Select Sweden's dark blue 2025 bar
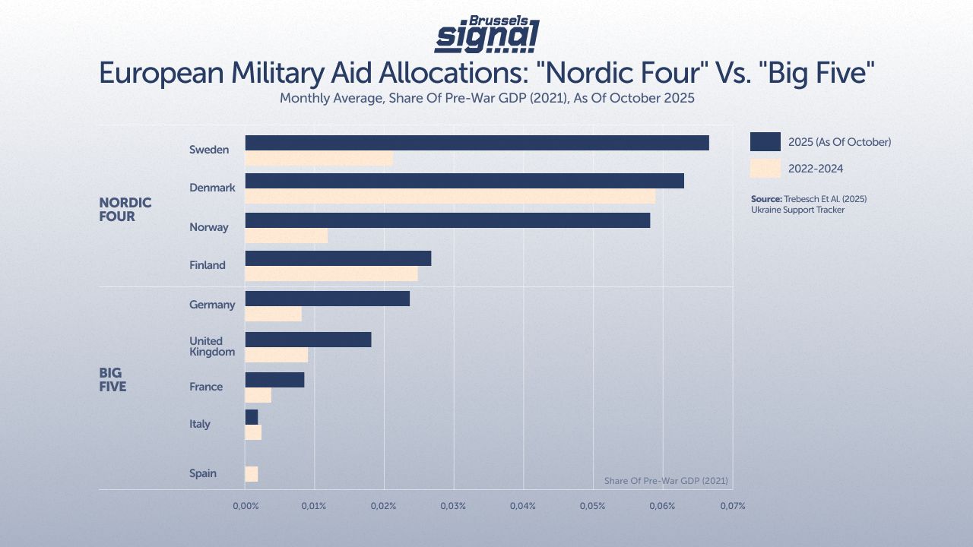pyautogui.click(x=477, y=143)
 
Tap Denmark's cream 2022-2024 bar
pyautogui.click(x=450, y=197)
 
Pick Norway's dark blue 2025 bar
pyautogui.click(x=447, y=220)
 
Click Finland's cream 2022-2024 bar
pyautogui.click(x=331, y=273)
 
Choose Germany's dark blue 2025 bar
pyautogui.click(x=327, y=299)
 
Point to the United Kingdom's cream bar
pyautogui.click(x=276, y=355)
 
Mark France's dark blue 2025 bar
pyautogui.click(x=274, y=380)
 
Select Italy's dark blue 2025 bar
pyautogui.click(x=252, y=417)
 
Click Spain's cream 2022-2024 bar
pyautogui.click(x=252, y=474)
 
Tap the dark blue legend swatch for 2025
pyautogui.click(x=765, y=142)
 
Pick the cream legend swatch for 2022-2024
pyautogui.click(x=765, y=169)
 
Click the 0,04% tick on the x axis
pyautogui.click(x=523, y=506)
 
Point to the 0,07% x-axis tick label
pyautogui.click(x=731, y=506)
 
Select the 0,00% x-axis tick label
pyautogui.click(x=245, y=506)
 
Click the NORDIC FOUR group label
pyautogui.click(x=125, y=210)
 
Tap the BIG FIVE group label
pyautogui.click(x=113, y=380)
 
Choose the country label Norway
pyautogui.click(x=209, y=227)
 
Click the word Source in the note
pyautogui.click(x=765, y=199)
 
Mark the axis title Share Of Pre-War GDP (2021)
pyautogui.click(x=666, y=481)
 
